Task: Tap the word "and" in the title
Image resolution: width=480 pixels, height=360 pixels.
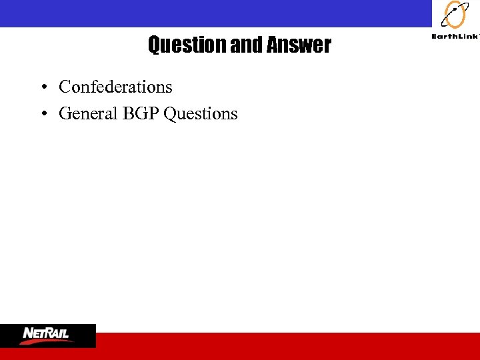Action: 247,45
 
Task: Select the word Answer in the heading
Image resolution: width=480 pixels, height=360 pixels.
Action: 299,45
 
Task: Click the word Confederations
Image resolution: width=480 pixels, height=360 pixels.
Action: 115,87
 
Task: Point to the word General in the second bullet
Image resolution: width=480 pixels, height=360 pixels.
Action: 88,113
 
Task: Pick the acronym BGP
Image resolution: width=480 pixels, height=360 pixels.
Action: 140,113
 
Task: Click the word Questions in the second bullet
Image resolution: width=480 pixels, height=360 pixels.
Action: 200,114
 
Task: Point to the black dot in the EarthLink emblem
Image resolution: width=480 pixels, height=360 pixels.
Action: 455,9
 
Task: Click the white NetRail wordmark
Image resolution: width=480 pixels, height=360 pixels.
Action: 46,332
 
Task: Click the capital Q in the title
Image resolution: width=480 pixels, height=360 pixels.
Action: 154,45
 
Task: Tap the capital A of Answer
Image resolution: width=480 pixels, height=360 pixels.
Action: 272,45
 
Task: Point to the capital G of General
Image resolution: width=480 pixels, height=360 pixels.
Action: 65,113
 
